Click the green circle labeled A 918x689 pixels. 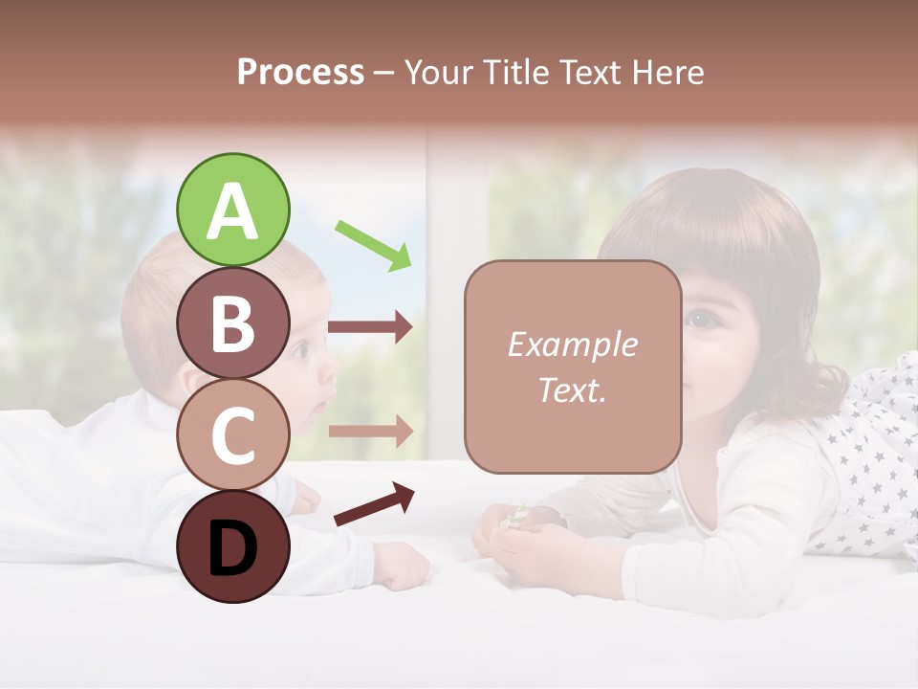233,211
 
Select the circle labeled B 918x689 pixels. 233,322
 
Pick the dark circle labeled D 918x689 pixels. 233,546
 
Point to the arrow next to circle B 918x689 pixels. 370,327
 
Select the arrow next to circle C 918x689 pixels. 370,431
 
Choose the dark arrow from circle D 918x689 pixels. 374,504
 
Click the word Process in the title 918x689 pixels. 300,73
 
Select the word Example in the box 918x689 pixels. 573,344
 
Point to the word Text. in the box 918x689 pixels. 573,390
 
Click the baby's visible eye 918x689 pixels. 300,351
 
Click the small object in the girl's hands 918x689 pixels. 517,516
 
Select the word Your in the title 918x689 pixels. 440,73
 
